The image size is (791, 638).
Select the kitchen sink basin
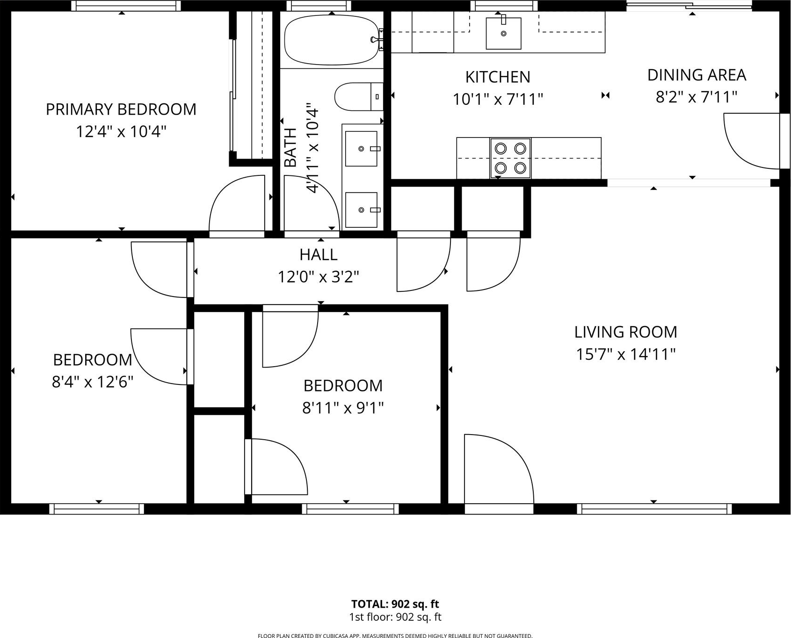coord(503,33)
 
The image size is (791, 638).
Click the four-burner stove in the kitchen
coord(510,158)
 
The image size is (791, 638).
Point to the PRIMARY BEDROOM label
coord(121,109)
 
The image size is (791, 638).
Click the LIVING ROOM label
coord(625,332)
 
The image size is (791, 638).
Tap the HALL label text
coord(318,254)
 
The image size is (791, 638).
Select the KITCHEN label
coord(498,77)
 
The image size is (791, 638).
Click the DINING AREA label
coord(697,75)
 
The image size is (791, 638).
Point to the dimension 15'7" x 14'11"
coord(625,355)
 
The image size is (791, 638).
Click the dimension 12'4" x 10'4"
coord(121,132)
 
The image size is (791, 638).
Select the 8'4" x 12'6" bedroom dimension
coord(93,382)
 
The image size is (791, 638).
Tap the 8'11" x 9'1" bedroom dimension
coord(343,408)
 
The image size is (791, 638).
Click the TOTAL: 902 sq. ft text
coord(395,604)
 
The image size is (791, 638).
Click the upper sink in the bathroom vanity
coord(361,149)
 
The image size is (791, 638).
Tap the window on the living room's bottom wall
coord(654,509)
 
